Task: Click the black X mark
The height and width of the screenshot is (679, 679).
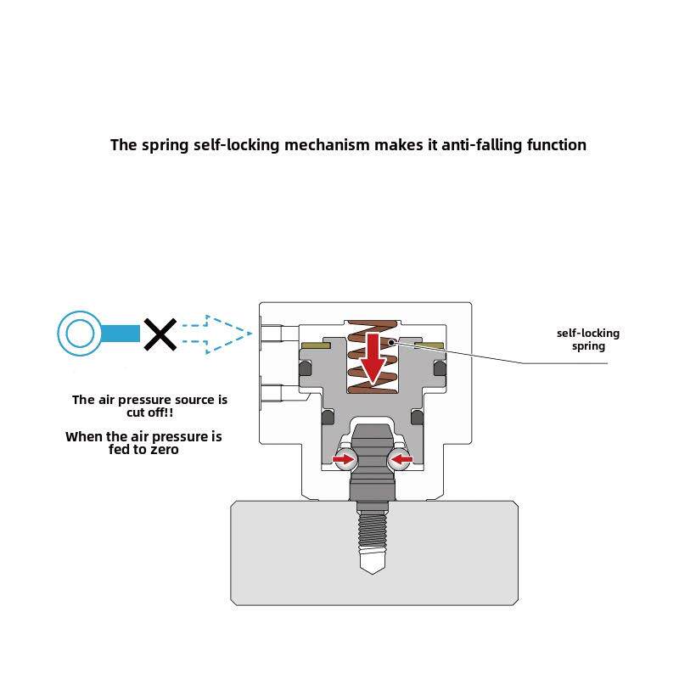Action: pyautogui.click(x=159, y=334)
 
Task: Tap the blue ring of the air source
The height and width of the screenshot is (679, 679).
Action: pyautogui.click(x=80, y=333)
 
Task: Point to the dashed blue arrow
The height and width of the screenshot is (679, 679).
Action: pyautogui.click(x=216, y=333)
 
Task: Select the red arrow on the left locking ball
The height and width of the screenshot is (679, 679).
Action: pyautogui.click(x=343, y=460)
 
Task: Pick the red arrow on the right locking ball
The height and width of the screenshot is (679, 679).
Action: pyautogui.click(x=401, y=460)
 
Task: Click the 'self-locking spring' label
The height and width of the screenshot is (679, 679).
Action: pyautogui.click(x=587, y=339)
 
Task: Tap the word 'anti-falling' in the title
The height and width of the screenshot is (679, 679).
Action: pyautogui.click(x=480, y=144)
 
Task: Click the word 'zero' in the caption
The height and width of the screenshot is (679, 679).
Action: pyautogui.click(x=163, y=449)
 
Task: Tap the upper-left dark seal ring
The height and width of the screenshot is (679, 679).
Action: pyautogui.click(x=304, y=368)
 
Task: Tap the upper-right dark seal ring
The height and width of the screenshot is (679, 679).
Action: pyautogui.click(x=439, y=368)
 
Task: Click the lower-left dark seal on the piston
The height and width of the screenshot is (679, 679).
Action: pyautogui.click(x=328, y=418)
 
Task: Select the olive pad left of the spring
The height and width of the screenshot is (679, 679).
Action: pyautogui.click(x=317, y=345)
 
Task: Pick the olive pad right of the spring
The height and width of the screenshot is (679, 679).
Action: pyautogui.click(x=429, y=345)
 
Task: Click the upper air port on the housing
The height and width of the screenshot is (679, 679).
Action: pyautogui.click(x=272, y=333)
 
